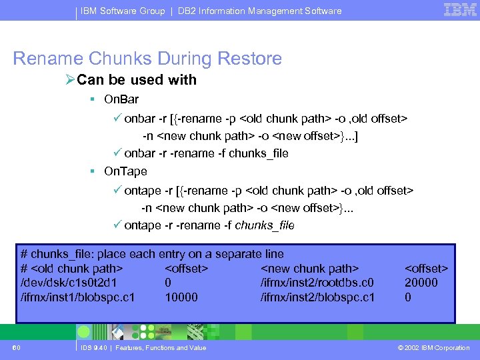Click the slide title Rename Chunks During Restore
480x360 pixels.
[x=147, y=59]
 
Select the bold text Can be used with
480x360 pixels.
[x=137, y=80]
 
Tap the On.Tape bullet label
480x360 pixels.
[x=125, y=171]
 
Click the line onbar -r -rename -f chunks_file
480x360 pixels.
[x=206, y=153]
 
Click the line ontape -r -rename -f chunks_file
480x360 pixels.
[x=209, y=225]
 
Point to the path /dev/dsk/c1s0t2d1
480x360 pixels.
[x=70, y=283]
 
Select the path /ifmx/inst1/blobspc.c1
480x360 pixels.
[x=78, y=297]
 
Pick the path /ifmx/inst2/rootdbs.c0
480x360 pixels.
[x=317, y=283]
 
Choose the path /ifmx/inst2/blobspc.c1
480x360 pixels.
[x=317, y=297]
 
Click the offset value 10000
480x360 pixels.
[x=181, y=297]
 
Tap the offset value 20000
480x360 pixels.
[x=421, y=283]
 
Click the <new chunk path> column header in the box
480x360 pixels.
[x=310, y=269]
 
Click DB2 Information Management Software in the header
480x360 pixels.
[x=259, y=11]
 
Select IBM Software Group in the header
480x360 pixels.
[x=123, y=11]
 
